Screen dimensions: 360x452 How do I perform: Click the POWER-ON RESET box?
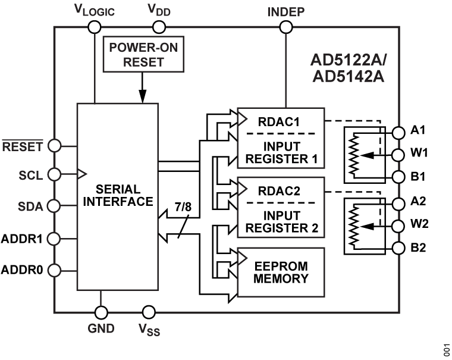(142, 55)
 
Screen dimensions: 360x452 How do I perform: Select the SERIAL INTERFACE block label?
(117, 195)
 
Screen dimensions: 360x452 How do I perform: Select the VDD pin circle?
(158, 27)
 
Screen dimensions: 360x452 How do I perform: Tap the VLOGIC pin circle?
(94, 27)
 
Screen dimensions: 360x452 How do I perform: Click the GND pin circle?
(101, 312)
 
